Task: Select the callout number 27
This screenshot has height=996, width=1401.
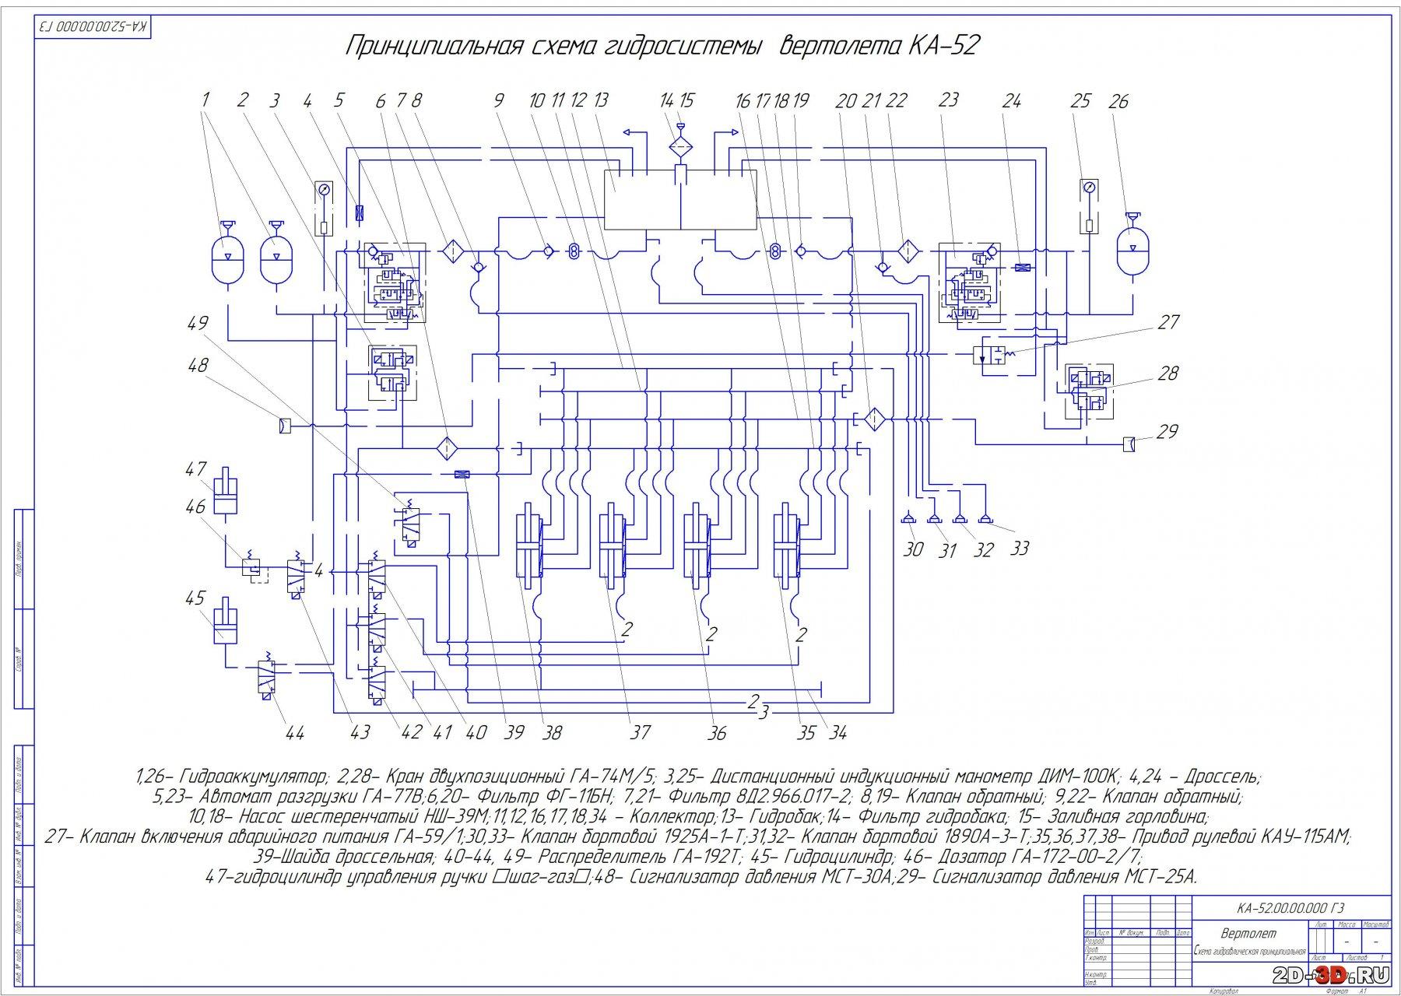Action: (1168, 322)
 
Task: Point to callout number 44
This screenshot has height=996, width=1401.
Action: (295, 732)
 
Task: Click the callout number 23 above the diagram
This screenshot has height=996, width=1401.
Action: (948, 100)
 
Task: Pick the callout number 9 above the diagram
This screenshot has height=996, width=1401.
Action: (499, 100)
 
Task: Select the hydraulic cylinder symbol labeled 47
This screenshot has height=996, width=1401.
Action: (225, 491)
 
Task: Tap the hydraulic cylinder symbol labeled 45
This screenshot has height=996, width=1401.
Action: (225, 619)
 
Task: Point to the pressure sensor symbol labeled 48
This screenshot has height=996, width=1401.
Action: (285, 426)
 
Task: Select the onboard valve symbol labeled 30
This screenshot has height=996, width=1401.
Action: (908, 519)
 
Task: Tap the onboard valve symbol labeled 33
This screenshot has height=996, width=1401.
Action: (985, 519)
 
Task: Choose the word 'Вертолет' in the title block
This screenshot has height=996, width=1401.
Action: (1248, 933)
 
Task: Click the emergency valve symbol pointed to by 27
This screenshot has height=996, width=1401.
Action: (992, 355)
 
